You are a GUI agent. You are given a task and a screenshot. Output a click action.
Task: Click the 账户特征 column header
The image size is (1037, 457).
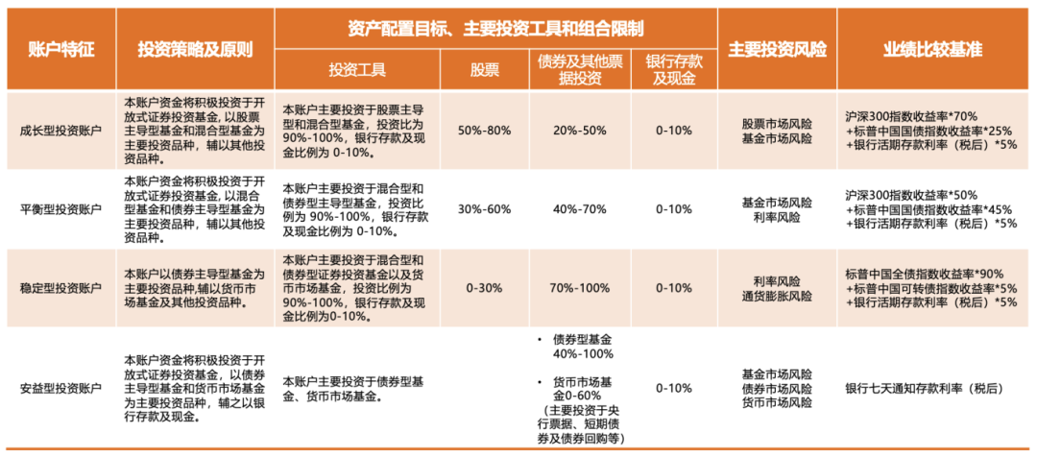point(61,50)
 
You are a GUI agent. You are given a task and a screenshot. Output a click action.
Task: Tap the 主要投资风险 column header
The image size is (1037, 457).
point(777,50)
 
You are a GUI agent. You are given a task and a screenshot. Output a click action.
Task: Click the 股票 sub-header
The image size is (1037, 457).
point(484,70)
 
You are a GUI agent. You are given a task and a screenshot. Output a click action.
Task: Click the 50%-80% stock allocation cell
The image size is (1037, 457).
point(484,131)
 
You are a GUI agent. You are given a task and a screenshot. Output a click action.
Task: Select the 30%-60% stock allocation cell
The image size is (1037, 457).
point(484,209)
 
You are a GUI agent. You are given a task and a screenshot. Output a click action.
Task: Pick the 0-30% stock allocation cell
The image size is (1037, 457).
point(484,288)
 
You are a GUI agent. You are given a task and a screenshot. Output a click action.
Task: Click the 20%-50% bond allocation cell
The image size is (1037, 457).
point(580,131)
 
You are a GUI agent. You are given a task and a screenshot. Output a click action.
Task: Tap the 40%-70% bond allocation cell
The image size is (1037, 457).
point(580,209)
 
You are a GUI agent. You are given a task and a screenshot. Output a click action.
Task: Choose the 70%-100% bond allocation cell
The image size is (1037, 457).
point(580,288)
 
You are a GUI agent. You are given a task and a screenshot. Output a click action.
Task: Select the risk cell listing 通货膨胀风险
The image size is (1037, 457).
point(777,296)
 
